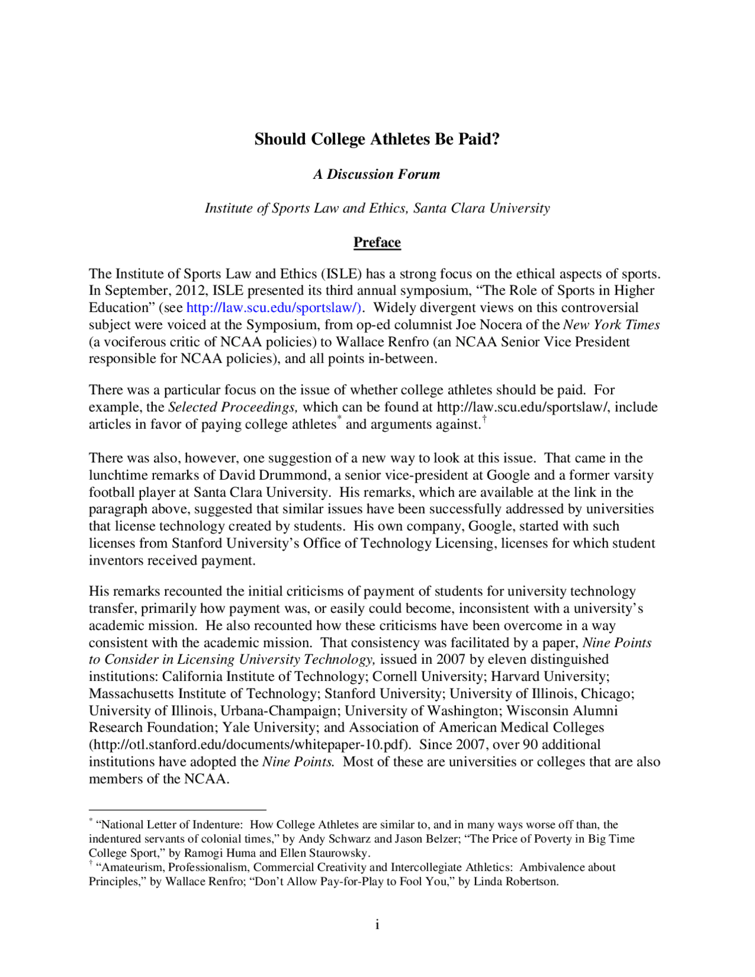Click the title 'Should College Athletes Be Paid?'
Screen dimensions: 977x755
377,139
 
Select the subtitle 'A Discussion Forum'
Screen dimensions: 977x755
377,174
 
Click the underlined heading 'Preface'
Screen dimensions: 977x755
377,242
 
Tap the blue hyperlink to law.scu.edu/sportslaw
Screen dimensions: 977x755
274,308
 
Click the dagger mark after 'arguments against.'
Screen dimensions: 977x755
484,419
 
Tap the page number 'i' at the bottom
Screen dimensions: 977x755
377,924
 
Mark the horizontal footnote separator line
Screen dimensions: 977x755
178,810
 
